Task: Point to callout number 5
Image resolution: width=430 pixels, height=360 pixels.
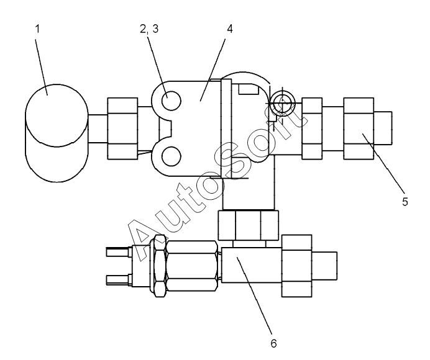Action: (405, 202)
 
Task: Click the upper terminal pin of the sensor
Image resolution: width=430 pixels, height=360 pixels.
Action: (119, 252)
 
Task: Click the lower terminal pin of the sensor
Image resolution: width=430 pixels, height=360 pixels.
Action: (119, 278)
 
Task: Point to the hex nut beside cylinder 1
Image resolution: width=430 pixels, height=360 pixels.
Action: (122, 128)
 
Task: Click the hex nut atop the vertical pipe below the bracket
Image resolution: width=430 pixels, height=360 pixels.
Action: (248, 225)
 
